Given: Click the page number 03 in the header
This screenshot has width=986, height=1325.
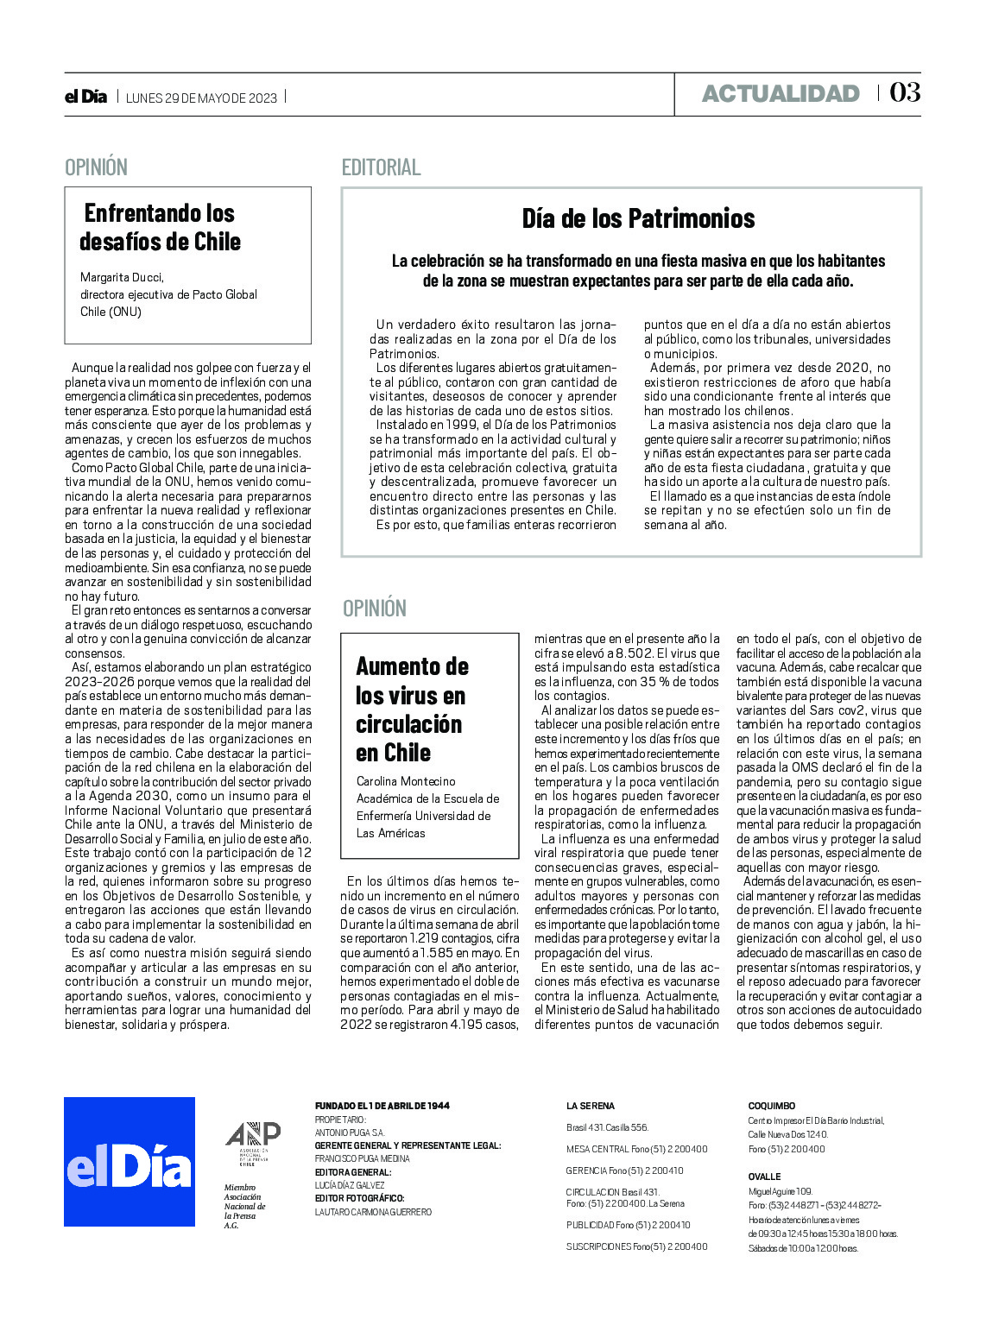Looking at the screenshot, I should pyautogui.click(x=905, y=92).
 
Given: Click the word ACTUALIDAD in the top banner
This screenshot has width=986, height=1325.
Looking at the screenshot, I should pyautogui.click(x=781, y=93).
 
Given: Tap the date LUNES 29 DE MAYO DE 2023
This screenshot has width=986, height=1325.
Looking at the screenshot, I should pyautogui.click(x=201, y=98).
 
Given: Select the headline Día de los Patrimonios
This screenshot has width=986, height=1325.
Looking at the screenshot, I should pyautogui.click(x=638, y=218).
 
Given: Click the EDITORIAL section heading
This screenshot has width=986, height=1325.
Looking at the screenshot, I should pyautogui.click(x=381, y=167).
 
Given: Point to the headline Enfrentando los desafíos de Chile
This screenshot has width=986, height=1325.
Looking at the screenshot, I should pyautogui.click(x=160, y=227).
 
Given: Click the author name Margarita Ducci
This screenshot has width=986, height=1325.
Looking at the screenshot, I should pyautogui.click(x=122, y=277).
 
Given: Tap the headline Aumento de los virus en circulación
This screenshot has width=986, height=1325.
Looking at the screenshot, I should pyautogui.click(x=412, y=709).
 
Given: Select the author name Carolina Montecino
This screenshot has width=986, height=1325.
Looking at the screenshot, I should pyautogui.click(x=406, y=781).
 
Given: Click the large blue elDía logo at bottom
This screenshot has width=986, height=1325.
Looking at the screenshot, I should pyautogui.click(x=130, y=1161).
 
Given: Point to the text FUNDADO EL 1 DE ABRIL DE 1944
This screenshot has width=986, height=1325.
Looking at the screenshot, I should pyautogui.click(x=382, y=1106).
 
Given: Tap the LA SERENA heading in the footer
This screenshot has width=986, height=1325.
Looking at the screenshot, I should pyautogui.click(x=591, y=1106).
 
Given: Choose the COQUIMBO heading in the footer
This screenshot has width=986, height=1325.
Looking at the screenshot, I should pyautogui.click(x=771, y=1106).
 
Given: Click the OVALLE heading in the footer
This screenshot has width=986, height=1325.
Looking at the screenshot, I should pyautogui.click(x=764, y=1177).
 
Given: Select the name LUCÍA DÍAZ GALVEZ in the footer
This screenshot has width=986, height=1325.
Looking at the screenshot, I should pyautogui.click(x=350, y=1185).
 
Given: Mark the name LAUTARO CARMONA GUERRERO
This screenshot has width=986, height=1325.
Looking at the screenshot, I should pyautogui.click(x=373, y=1212).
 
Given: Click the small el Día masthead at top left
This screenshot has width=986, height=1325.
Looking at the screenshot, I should pyautogui.click(x=86, y=97).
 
